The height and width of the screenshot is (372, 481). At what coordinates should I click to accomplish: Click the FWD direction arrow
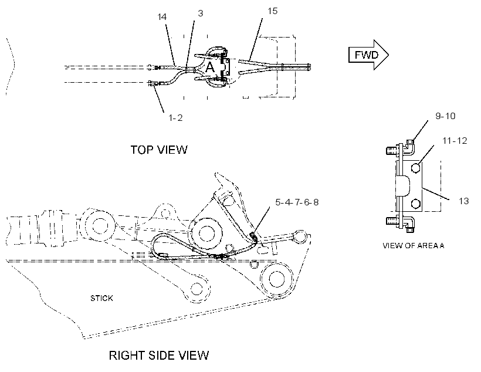368,55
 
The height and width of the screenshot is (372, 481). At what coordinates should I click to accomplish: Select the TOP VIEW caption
159,150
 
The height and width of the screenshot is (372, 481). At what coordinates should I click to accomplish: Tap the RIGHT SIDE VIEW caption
159,356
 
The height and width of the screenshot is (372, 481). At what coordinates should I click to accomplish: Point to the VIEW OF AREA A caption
413,245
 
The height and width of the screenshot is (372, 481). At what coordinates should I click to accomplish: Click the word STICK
101,298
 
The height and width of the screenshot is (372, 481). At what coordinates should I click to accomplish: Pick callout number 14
162,16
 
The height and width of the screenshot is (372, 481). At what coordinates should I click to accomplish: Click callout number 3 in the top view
200,13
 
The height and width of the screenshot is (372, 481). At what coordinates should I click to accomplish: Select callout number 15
272,11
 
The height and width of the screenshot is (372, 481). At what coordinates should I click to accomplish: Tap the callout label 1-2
175,117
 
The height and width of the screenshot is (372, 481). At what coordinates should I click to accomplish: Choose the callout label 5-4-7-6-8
297,202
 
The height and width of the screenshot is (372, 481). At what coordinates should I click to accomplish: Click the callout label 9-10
445,116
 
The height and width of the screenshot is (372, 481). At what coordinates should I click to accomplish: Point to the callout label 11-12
455,141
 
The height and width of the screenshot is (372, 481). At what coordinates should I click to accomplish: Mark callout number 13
464,201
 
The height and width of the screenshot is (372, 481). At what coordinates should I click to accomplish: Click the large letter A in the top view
210,67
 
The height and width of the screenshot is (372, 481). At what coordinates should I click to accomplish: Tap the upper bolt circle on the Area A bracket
415,168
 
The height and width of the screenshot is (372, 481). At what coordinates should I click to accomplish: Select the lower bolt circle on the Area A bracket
415,204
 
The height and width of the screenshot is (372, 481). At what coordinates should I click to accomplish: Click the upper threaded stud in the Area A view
392,150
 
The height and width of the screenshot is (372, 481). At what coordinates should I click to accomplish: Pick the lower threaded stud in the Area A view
392,221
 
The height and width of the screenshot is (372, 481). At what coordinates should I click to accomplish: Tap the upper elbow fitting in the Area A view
409,146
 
